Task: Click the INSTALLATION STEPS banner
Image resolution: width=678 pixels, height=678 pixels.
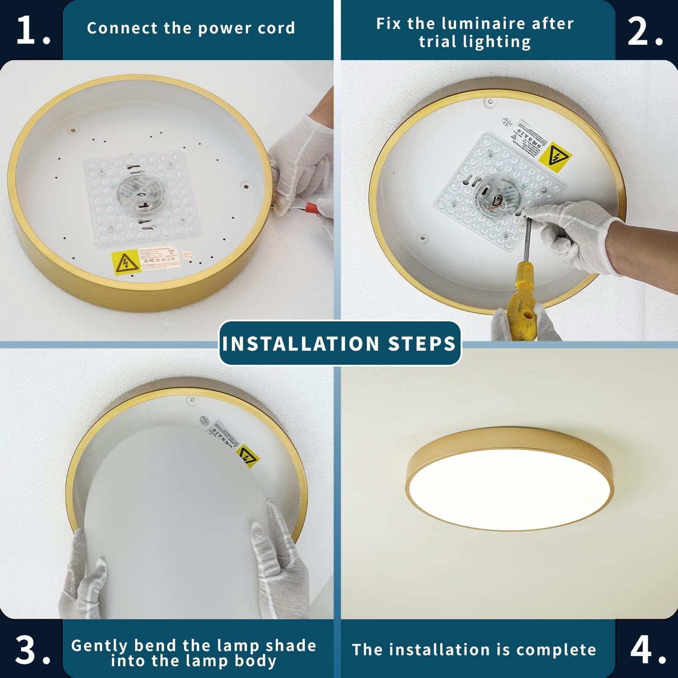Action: click(x=339, y=344)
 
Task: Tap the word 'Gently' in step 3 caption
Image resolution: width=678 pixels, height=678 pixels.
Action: click(x=99, y=645)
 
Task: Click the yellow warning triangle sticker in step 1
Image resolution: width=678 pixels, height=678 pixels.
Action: click(x=124, y=263)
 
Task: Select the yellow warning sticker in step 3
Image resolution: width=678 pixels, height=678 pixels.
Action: click(x=248, y=456)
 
